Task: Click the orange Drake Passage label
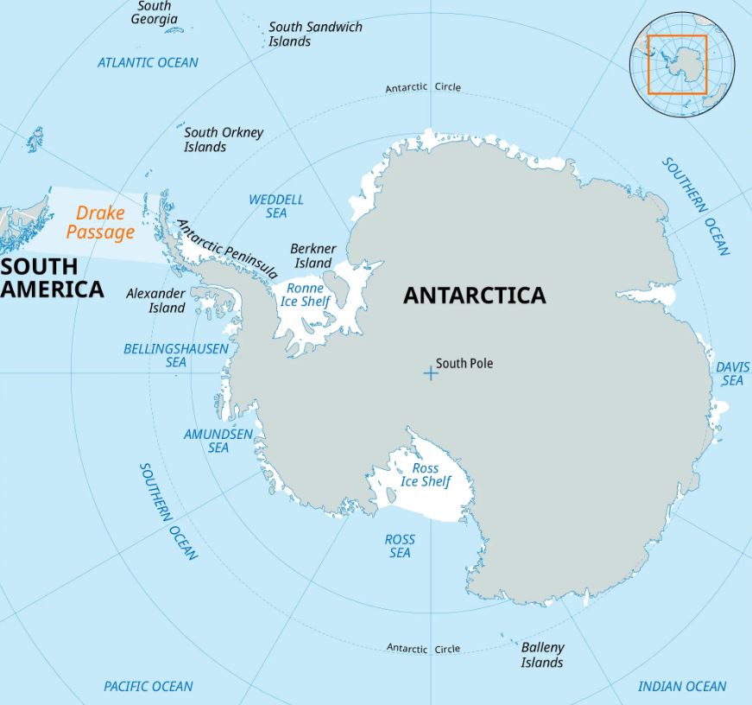100,222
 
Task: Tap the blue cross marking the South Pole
430,373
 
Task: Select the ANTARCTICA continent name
474,295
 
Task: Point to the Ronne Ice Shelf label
305,295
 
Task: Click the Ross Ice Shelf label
426,474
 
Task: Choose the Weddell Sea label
276,206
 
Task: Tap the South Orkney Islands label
223,139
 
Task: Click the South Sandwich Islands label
314,34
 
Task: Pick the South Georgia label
155,12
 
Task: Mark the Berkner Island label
312,256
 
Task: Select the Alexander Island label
155,301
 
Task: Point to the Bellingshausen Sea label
176,355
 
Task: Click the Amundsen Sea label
218,441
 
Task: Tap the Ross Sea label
400,545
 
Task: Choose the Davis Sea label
732,373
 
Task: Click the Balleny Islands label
542,654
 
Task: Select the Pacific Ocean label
149,686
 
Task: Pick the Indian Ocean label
681,686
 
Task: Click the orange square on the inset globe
678,65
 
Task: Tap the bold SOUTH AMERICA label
52,276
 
